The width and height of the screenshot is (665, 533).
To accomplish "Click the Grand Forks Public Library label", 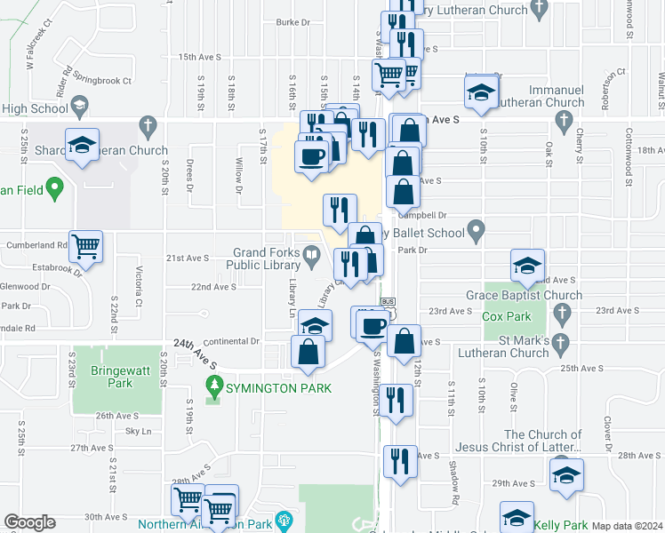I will tap(266, 259).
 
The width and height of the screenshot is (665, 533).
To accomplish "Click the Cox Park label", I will tap(506, 315).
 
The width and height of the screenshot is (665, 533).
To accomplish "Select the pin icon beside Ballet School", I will tap(476, 234).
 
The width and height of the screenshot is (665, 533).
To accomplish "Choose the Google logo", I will tap(29, 522).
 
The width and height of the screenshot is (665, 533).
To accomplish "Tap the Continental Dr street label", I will tap(230, 340).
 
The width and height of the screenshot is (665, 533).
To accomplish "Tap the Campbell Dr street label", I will tap(421, 215).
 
